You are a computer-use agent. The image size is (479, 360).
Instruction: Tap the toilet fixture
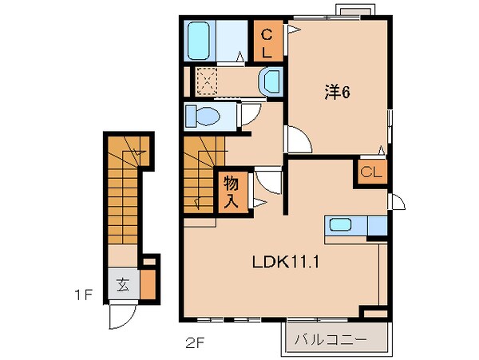[202, 117]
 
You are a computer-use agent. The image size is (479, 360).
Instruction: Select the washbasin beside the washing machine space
[271, 81]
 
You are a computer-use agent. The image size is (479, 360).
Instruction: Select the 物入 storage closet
[231, 192]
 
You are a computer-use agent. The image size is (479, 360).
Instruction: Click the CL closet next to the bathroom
[267, 43]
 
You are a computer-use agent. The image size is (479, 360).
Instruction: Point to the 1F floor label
[85, 296]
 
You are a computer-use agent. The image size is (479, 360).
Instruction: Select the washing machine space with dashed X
[208, 81]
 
